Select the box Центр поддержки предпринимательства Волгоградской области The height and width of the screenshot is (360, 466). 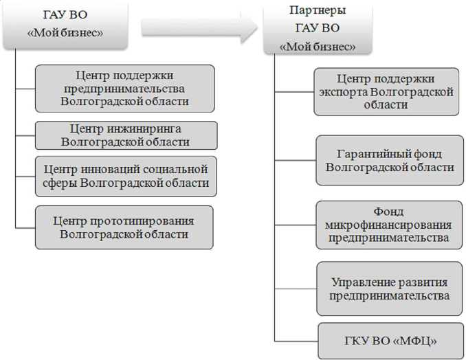(124, 89)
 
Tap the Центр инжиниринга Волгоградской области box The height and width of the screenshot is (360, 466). (126, 135)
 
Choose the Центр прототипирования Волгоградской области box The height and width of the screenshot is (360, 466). (124, 227)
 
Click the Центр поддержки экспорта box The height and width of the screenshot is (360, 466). (386, 92)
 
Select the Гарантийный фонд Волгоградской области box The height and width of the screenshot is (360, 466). (390, 160)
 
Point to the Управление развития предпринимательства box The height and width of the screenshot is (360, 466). (389, 289)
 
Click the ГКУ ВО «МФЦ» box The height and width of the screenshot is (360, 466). (390, 340)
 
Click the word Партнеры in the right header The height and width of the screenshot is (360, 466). (318, 11)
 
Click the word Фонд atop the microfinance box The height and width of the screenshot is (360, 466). (389, 211)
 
